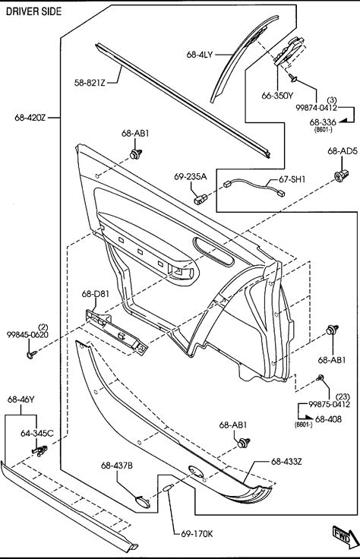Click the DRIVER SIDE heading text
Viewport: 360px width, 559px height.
pyautogui.click(x=34, y=11)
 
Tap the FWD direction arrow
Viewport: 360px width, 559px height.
pyautogui.click(x=346, y=536)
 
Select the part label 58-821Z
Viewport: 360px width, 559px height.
pyautogui.click(x=90, y=83)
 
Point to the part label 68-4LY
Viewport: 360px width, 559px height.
pyautogui.click(x=200, y=55)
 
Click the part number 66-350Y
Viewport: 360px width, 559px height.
pyautogui.click(x=277, y=96)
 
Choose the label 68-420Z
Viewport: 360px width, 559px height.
pyautogui.click(x=30, y=117)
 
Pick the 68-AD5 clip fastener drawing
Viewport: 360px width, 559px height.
pyautogui.click(x=341, y=175)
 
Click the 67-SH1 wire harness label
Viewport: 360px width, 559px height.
pyautogui.click(x=292, y=179)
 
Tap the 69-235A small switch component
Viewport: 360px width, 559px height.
pyautogui.click(x=200, y=199)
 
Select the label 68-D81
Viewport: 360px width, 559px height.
pyautogui.click(x=96, y=294)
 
